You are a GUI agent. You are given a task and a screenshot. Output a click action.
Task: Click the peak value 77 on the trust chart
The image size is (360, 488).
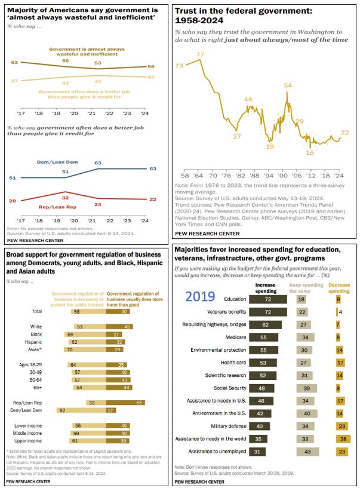click(x=201, y=54)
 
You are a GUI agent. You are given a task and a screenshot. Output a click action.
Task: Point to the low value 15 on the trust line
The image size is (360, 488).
click(x=309, y=153)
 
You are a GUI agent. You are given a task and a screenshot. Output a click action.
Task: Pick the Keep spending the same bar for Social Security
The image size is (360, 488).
click(x=304, y=387)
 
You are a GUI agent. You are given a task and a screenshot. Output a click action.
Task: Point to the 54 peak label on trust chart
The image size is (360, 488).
click(x=287, y=85)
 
